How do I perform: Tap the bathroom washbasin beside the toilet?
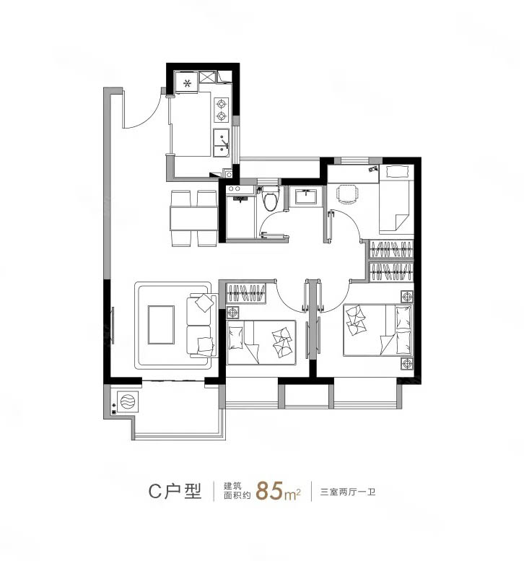coord(305,196)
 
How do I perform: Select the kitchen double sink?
coord(222,143)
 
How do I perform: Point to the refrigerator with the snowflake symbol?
coord(186,82)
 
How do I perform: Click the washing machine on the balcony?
coord(128,401)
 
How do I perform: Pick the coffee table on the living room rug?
coord(161,325)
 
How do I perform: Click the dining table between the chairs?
coord(194,218)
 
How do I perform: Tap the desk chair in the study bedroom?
coord(347,194)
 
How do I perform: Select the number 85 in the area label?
coord(270,490)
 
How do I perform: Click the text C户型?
coord(175,491)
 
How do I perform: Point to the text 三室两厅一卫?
coord(348,492)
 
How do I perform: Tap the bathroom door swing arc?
coord(271,217)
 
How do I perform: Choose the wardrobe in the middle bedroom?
coord(246,293)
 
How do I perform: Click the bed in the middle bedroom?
coord(261,342)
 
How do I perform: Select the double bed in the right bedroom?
coord(377,330)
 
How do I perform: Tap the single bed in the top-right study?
coord(396,199)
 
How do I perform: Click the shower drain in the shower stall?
coord(239,198)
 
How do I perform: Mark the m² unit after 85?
coord(292,494)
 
